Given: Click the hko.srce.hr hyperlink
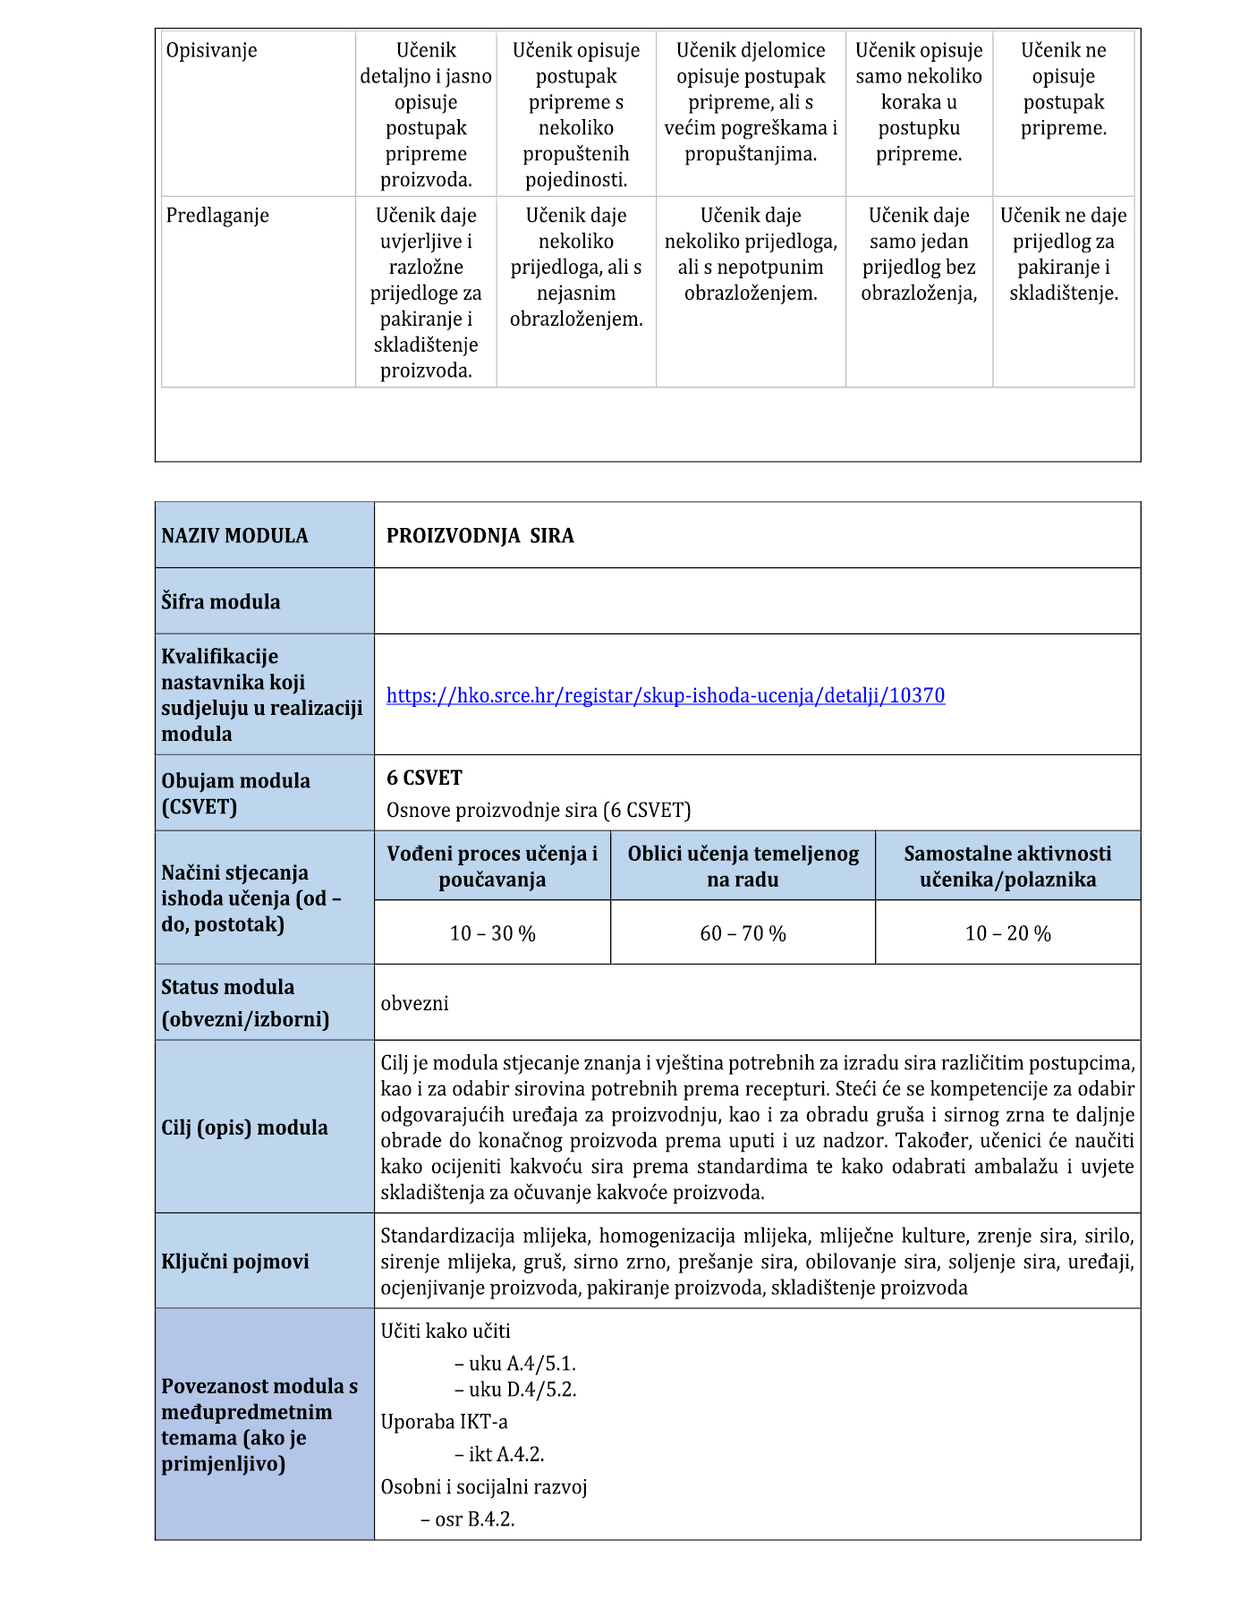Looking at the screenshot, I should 665,695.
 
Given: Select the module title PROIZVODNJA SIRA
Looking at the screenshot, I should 480,536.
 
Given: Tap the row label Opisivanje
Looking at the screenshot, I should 211,50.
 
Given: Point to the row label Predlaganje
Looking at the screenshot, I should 217,216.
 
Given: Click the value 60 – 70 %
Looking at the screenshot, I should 743,933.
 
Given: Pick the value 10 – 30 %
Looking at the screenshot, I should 492,933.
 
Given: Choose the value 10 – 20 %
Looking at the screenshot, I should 1007,933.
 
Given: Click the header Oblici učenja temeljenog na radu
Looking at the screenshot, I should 743,866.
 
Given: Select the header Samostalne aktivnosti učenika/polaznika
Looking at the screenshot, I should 1007,866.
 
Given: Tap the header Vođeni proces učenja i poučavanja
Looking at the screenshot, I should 492,866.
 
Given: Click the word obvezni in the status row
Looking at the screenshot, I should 415,1003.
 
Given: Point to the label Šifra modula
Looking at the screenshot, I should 220,601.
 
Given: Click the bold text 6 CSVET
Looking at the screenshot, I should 424,778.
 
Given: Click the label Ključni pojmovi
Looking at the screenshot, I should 234,1262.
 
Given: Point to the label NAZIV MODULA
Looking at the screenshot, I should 234,536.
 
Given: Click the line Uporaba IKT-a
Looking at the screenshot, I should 444,1422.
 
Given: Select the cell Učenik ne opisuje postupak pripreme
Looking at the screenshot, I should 1063,89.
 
